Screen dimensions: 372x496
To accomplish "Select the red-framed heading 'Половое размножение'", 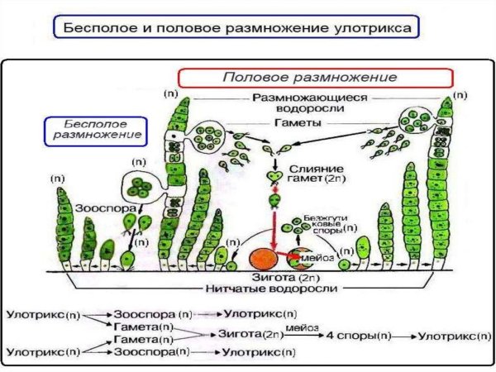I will [316, 76].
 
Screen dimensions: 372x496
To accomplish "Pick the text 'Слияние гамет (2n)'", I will [315, 174].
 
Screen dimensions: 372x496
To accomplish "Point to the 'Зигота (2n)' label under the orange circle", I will [269, 278].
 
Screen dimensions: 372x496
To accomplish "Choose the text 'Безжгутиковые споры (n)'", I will [324, 219].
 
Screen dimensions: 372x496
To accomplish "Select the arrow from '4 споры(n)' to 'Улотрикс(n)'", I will [405, 336].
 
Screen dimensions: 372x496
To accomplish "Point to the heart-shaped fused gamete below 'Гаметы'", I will [271, 176].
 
